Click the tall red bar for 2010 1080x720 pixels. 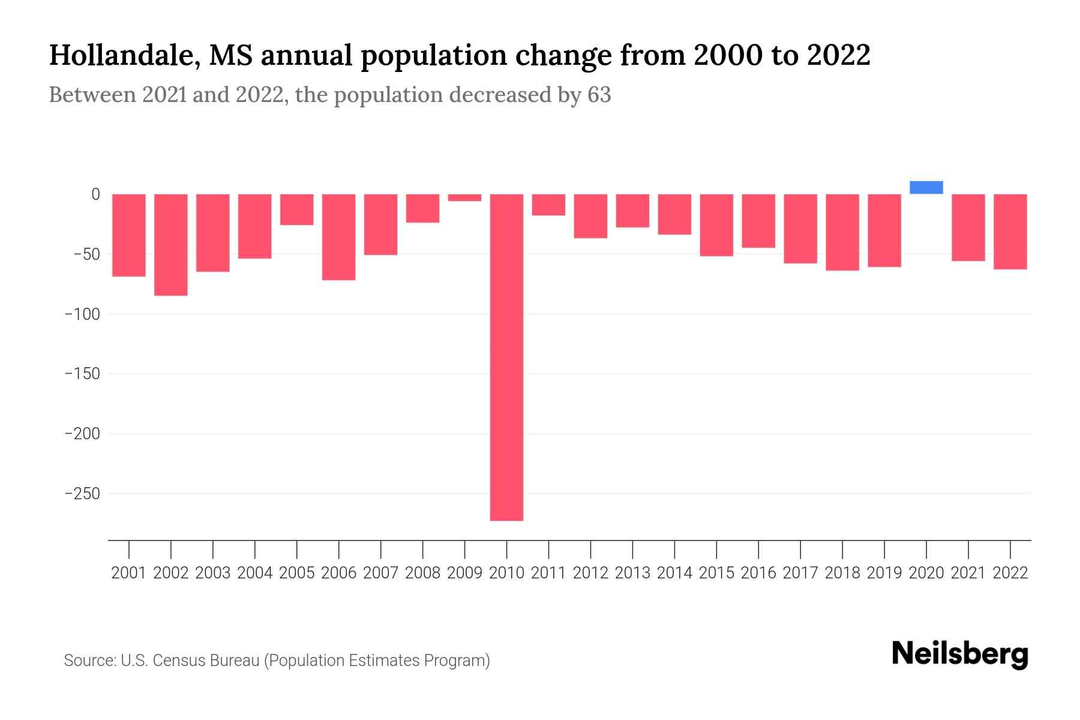pyautogui.click(x=506, y=357)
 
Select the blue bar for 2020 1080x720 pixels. pyautogui.click(x=926, y=187)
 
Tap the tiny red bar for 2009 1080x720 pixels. pyautogui.click(x=464, y=197)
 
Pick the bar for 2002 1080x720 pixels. pyautogui.click(x=171, y=244)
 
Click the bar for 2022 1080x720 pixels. pyautogui.click(x=1010, y=232)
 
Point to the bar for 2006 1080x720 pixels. pyautogui.click(x=338, y=236)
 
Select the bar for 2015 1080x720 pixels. pyautogui.click(x=716, y=225)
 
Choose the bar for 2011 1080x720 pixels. pyautogui.click(x=548, y=205)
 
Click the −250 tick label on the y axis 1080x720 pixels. pyautogui.click(x=82, y=493)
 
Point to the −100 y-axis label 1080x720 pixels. pyautogui.click(x=82, y=314)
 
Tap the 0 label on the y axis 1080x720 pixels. pyautogui.click(x=95, y=194)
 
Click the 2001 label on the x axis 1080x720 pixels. pyautogui.click(x=129, y=573)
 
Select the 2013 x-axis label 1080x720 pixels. pyautogui.click(x=632, y=573)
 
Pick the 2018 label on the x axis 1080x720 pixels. pyautogui.click(x=842, y=573)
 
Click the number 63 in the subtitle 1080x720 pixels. pyautogui.click(x=599, y=95)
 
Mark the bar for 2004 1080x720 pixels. pyautogui.click(x=255, y=226)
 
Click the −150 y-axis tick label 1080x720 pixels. pyautogui.click(x=82, y=374)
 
